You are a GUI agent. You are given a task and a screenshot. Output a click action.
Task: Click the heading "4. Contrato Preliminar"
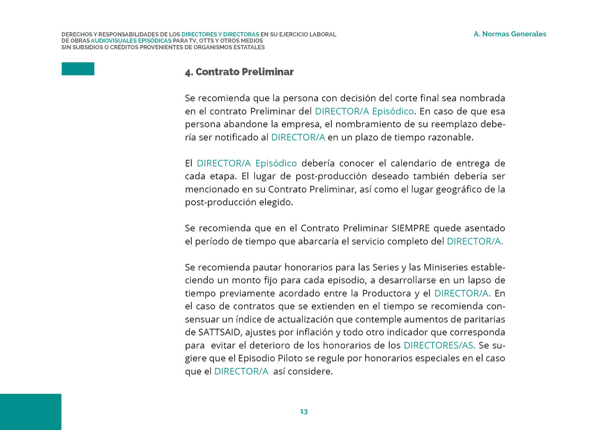239,72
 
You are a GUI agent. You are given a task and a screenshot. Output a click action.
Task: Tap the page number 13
304,411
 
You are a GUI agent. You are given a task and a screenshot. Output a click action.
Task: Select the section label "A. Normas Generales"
510,34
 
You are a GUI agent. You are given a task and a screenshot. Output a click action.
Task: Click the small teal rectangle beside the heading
78,69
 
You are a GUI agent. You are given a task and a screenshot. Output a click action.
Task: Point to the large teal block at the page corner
31,412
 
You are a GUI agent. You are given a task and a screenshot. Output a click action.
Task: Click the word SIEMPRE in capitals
410,228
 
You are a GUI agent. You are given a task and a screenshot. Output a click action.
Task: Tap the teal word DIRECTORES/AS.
440,345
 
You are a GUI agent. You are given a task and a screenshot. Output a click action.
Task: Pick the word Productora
386,293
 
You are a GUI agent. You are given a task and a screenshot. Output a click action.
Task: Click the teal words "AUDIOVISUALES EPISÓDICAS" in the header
131,41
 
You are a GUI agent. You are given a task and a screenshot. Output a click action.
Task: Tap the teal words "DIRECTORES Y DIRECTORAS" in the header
220,34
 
